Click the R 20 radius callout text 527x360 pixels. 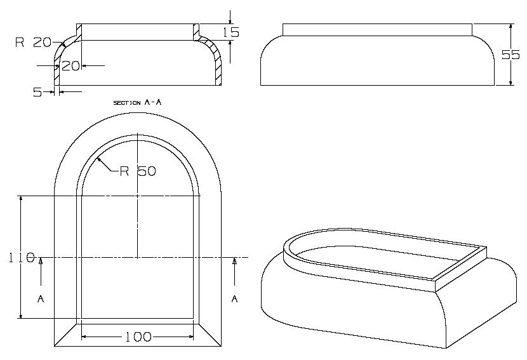point(32,43)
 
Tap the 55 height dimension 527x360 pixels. point(510,55)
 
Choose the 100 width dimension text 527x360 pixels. point(138,337)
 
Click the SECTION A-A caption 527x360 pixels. point(138,102)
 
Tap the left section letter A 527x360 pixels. point(41,298)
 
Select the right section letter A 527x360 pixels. point(234,298)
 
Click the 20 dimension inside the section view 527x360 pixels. point(70,65)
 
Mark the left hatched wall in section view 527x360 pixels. point(57,73)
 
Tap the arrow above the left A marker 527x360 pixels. point(41,262)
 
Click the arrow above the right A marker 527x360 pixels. point(234,262)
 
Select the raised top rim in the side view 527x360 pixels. point(377,29)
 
